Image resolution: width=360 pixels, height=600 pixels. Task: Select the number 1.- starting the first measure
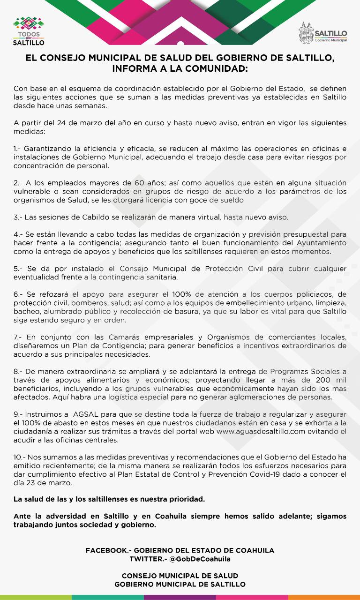point(17,149)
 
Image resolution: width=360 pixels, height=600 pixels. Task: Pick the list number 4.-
point(18,234)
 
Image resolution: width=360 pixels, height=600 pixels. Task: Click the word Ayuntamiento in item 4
point(322,242)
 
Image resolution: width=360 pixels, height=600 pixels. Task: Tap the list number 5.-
point(18,268)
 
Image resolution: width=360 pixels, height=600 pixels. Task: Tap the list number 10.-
point(20,457)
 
